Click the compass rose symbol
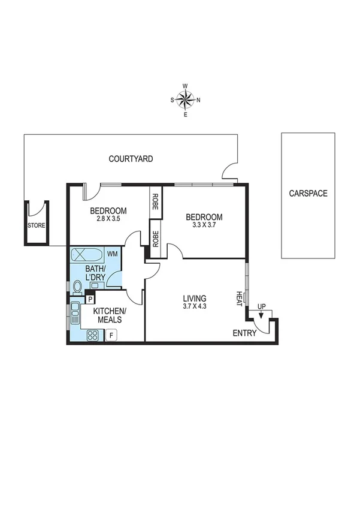point(186,100)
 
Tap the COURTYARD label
point(131,159)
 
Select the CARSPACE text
point(308,194)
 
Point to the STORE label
point(36,226)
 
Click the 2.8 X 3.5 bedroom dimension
point(108,219)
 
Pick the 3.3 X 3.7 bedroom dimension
point(204,226)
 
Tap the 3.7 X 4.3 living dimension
point(195,307)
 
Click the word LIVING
point(195,298)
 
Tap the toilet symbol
point(77,287)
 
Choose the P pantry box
point(90,299)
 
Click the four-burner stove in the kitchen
point(93,336)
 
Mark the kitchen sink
point(75,311)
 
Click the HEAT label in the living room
point(239,297)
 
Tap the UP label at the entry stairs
point(261,306)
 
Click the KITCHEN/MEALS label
point(108,315)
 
